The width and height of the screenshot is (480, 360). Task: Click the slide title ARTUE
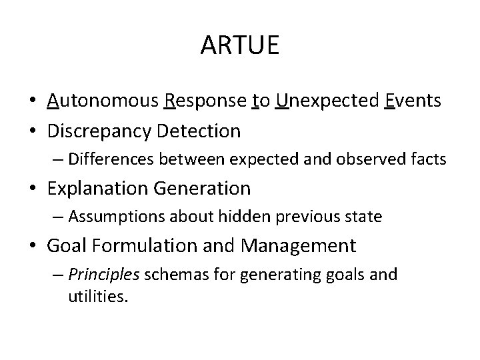(x=240, y=47)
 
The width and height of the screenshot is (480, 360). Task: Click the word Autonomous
(x=103, y=101)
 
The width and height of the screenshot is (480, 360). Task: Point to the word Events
(x=413, y=101)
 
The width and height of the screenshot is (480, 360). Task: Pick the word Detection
(x=198, y=131)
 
